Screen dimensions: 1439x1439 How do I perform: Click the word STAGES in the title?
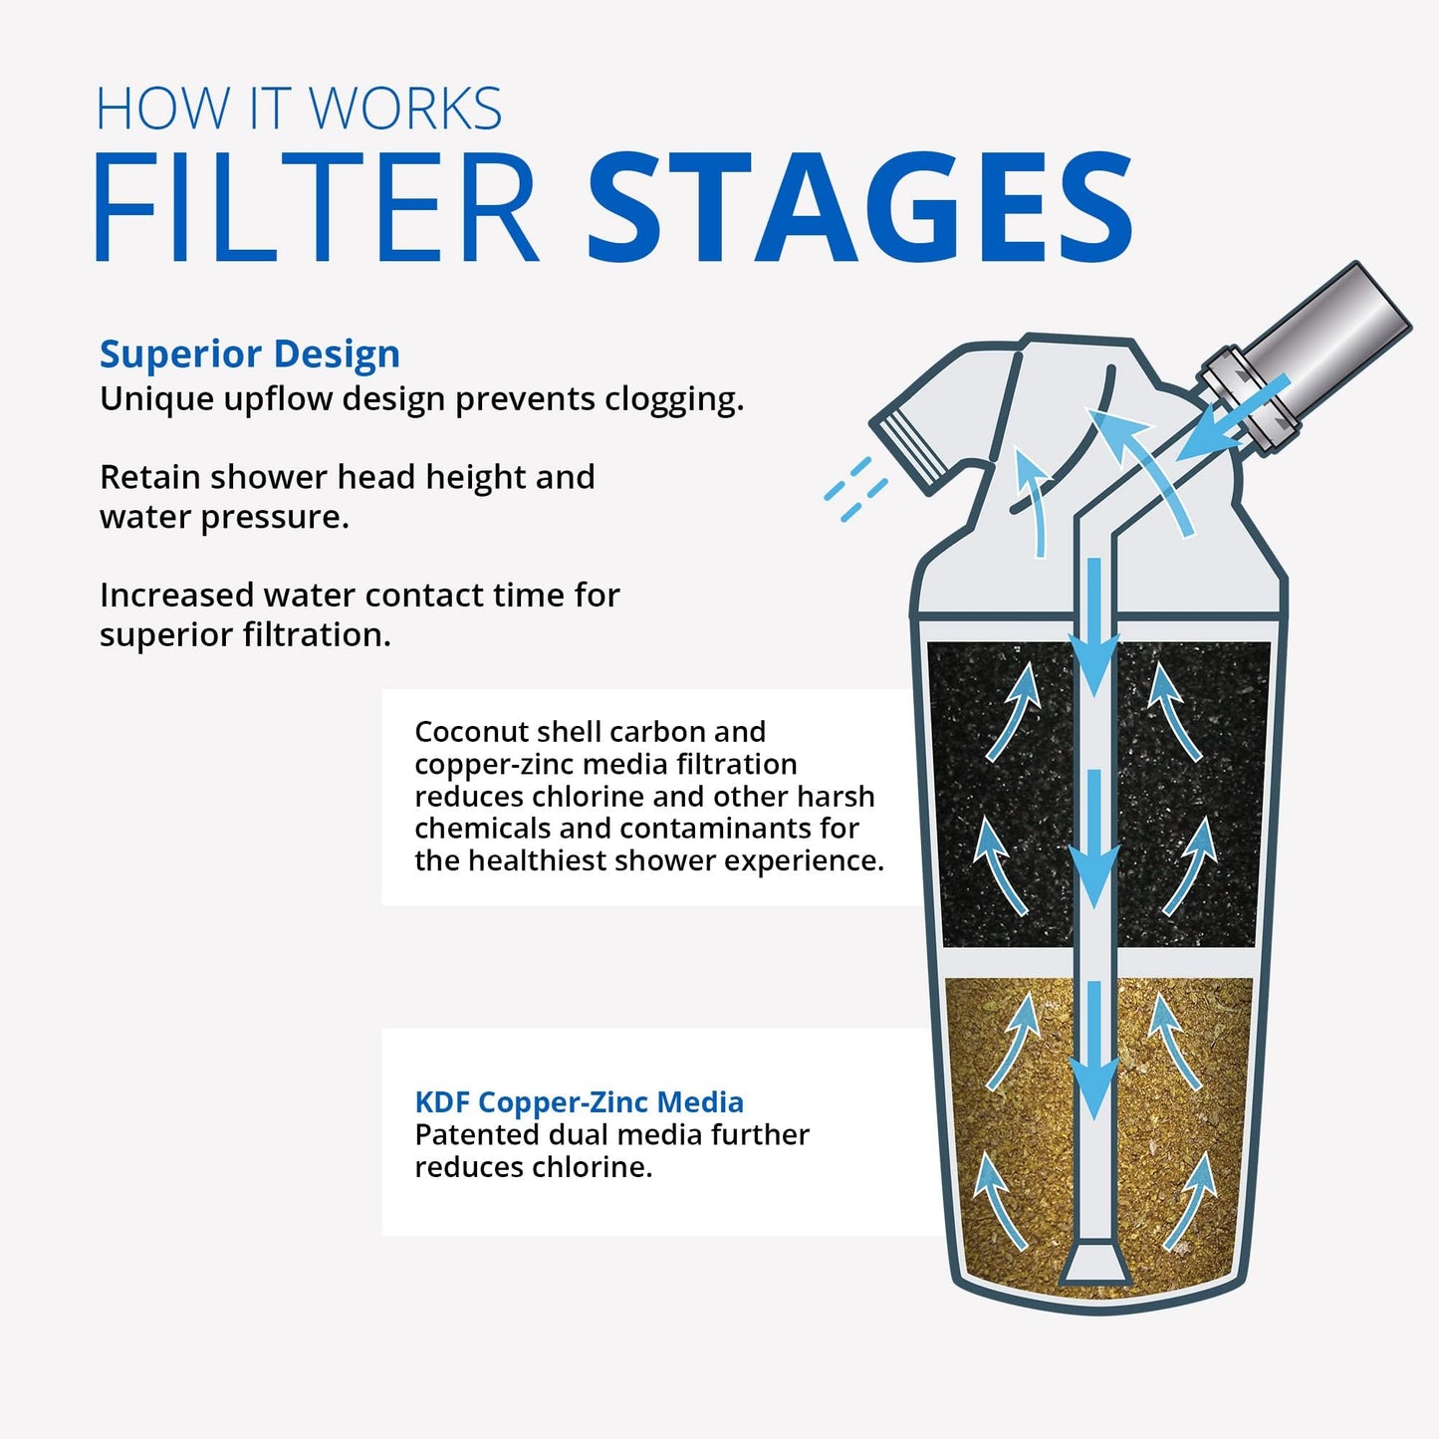click(858, 209)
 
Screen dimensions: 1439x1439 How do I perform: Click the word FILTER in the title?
click(316, 209)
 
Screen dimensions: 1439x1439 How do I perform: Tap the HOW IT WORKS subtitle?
click(299, 109)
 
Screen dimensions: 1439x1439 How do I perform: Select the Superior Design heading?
click(250, 355)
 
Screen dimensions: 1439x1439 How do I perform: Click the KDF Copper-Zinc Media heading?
click(579, 1102)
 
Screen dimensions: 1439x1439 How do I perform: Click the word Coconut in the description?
click(471, 732)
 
